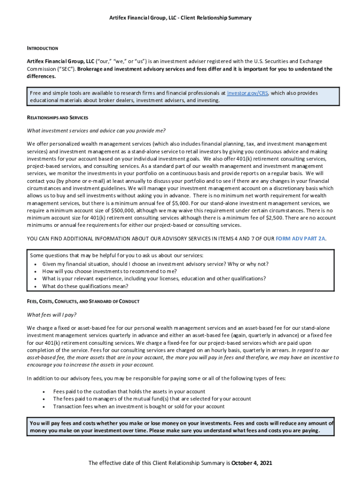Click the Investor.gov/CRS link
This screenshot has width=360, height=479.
[x=248, y=93]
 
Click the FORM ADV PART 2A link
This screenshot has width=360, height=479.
[x=300, y=239]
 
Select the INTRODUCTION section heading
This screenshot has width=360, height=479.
[x=43, y=48]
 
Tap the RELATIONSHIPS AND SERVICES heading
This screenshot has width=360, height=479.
[x=58, y=117]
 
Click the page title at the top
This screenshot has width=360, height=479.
[x=180, y=18]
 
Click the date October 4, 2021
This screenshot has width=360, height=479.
[x=252, y=463]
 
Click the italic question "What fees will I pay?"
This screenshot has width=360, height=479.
[x=52, y=314]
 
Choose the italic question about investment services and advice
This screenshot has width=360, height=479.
[x=96, y=131]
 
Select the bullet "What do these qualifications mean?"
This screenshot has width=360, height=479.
[x=85, y=286]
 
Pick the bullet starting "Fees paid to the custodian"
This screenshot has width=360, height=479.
[x=129, y=392]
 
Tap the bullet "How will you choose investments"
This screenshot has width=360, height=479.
[x=109, y=271]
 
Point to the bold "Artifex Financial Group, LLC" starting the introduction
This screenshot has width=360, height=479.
[x=60, y=61]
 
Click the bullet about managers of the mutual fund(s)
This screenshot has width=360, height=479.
[x=152, y=399]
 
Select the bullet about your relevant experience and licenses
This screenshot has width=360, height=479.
[x=154, y=278]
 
